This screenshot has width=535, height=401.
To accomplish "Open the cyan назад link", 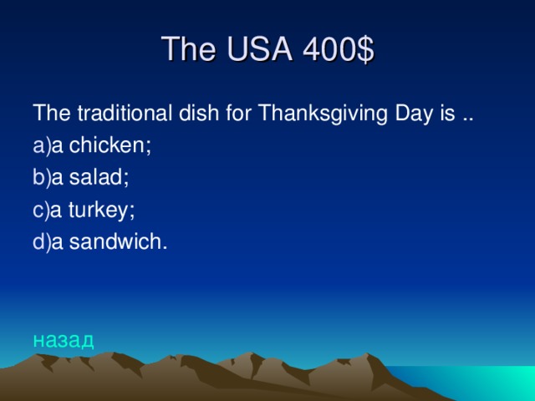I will click(64, 339).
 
